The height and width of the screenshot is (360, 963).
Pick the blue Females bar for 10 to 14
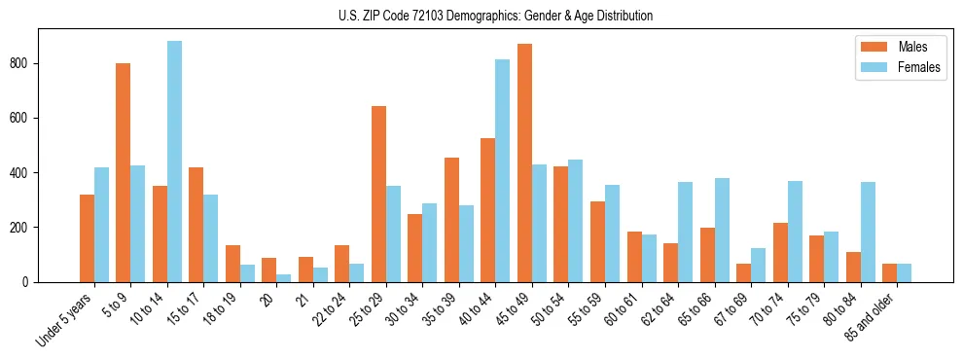(x=174, y=162)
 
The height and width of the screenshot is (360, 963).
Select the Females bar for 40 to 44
(x=502, y=170)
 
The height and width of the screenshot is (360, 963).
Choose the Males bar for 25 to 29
(x=378, y=194)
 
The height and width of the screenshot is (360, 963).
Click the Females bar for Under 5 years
(x=101, y=225)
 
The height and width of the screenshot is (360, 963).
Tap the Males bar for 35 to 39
(x=451, y=220)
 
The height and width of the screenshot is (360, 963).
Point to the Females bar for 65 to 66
(x=722, y=230)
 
